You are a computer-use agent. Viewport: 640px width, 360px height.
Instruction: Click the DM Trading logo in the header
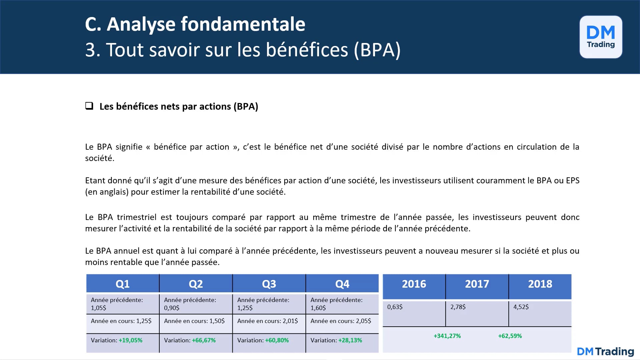pyautogui.click(x=601, y=37)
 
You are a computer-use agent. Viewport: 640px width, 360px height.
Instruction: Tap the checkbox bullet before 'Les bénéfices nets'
pyautogui.click(x=89, y=106)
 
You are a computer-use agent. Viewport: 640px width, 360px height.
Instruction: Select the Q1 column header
pyautogui.click(x=122, y=284)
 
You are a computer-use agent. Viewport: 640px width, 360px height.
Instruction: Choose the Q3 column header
pyautogui.click(x=269, y=284)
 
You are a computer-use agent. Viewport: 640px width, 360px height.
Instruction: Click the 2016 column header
pyautogui.click(x=414, y=284)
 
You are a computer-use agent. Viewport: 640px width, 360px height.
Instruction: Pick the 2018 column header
pyautogui.click(x=540, y=284)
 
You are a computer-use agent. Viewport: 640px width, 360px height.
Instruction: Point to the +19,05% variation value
pyautogui.click(x=130, y=340)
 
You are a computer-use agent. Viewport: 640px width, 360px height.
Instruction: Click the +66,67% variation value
pyautogui.click(x=204, y=340)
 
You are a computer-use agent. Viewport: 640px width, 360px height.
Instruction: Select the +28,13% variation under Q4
pyautogui.click(x=350, y=340)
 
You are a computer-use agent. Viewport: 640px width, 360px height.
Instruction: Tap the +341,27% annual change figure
pyautogui.click(x=447, y=336)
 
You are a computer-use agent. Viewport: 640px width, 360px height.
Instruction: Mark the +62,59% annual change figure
pyautogui.click(x=510, y=336)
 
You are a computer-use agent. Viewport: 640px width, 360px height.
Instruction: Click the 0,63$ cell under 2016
pyautogui.click(x=395, y=307)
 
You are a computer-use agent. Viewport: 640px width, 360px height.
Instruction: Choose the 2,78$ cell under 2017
pyautogui.click(x=458, y=307)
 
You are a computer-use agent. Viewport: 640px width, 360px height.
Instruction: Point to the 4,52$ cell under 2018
pyautogui.click(x=521, y=307)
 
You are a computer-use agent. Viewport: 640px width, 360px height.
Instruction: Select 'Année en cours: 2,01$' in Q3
pyautogui.click(x=267, y=321)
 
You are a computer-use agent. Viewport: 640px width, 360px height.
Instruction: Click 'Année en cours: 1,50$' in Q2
pyautogui.click(x=194, y=321)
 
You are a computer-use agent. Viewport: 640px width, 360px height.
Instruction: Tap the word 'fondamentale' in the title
pyautogui.click(x=243, y=24)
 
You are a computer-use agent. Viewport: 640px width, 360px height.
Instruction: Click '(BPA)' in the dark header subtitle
pyautogui.click(x=377, y=50)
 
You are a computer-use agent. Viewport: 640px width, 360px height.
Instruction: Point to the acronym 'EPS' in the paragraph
pyautogui.click(x=572, y=181)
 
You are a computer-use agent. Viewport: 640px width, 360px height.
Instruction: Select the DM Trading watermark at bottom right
pyautogui.click(x=605, y=351)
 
